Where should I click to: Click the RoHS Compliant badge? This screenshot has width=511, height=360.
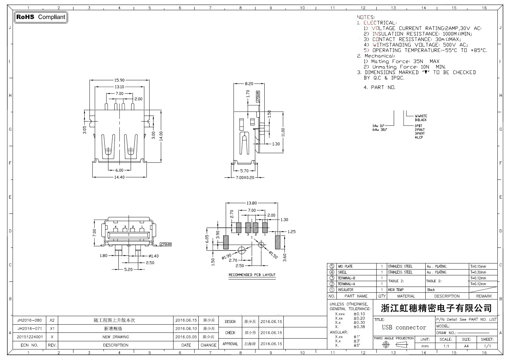point(41,17)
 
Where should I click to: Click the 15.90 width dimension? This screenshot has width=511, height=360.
point(119,80)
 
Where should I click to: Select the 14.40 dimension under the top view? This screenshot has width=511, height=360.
point(119,177)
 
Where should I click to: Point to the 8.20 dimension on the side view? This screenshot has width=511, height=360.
point(249,83)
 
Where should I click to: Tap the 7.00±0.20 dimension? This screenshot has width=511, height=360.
point(245,177)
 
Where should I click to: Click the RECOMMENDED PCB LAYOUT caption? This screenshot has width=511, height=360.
point(252,275)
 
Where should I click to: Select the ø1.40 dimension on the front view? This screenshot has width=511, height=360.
point(153,256)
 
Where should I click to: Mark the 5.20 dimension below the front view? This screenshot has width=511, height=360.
point(128,270)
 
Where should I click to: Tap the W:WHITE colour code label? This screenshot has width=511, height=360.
point(421,116)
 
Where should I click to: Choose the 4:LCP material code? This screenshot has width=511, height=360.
point(419,137)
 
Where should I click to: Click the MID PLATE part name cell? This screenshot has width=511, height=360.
point(345,267)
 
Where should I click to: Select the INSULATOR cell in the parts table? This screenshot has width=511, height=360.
point(345,290)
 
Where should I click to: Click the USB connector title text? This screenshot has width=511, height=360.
point(404,328)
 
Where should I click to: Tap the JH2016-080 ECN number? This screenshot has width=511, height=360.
point(30,320)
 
